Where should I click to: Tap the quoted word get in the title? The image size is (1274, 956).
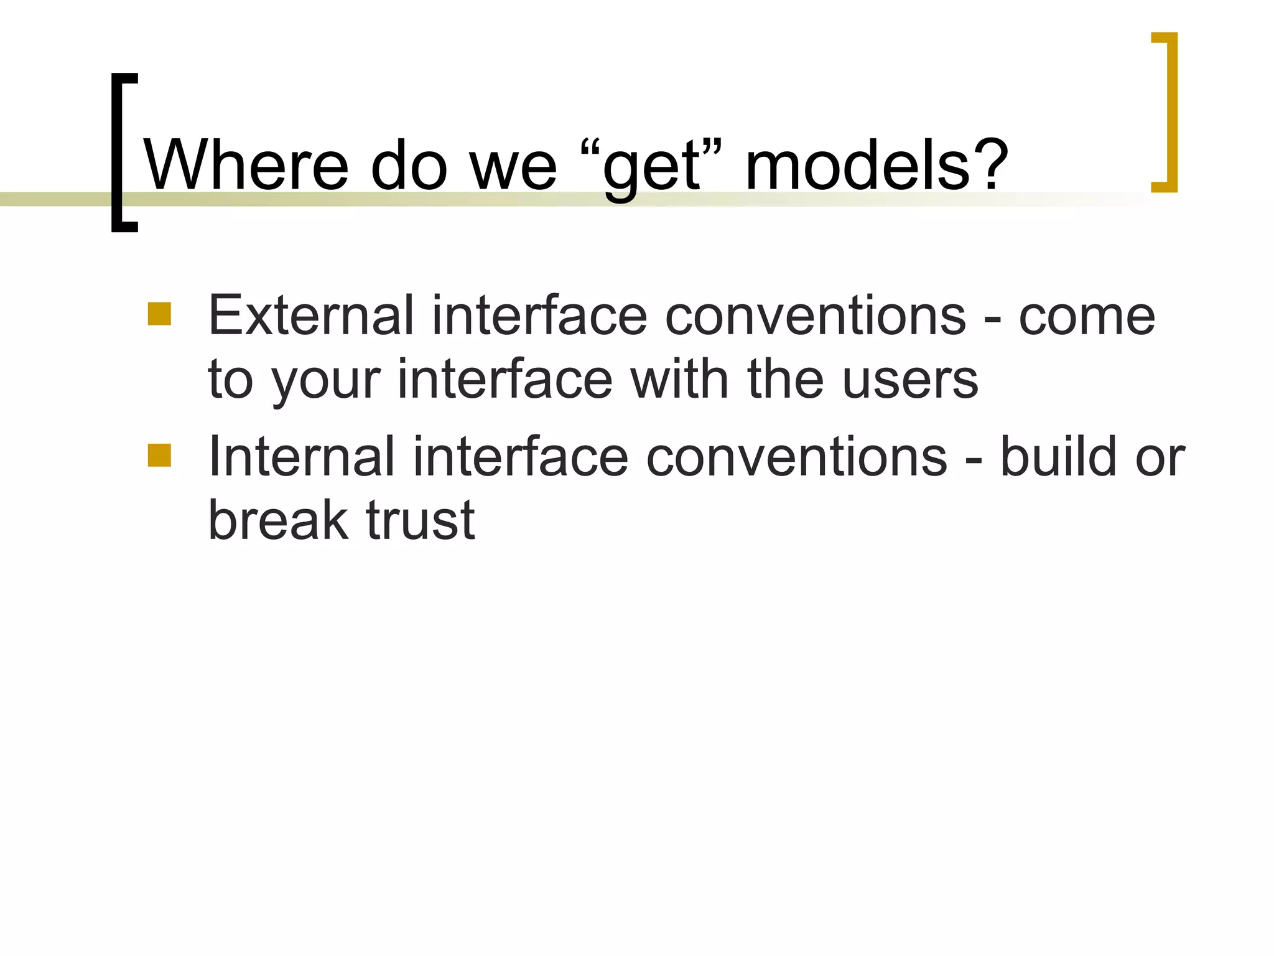[x=653, y=168]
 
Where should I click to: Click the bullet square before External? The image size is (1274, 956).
[x=159, y=314]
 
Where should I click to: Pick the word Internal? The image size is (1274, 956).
[x=301, y=457]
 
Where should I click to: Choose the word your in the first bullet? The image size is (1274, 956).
[x=326, y=381]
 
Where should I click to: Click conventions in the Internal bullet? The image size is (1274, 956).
[x=796, y=457]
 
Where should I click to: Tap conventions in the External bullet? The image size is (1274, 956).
[x=815, y=316]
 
